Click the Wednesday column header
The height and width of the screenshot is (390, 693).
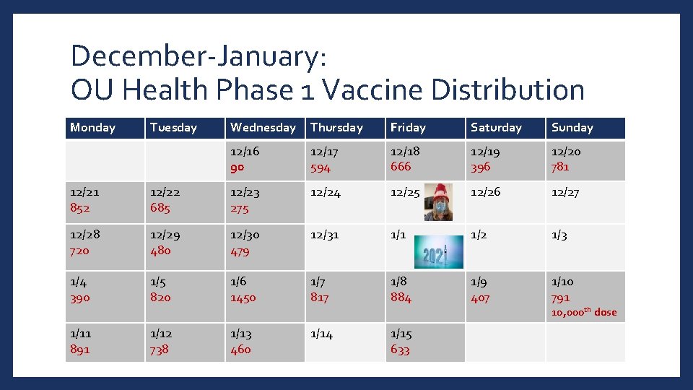point(263,128)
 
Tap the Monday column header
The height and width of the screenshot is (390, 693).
point(92,128)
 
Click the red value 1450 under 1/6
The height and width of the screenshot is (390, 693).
point(243,298)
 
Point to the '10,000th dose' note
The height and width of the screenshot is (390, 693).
point(584,312)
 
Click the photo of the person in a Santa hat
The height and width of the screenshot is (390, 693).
point(439,201)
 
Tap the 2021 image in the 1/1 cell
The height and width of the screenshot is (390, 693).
point(438,250)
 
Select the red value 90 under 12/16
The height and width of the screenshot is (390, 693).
point(237,168)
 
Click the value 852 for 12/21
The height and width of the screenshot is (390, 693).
point(80,208)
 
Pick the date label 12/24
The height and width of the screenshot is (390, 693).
point(324,193)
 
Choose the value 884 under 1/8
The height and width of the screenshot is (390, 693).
point(401,298)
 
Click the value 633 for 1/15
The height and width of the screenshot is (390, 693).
point(400,350)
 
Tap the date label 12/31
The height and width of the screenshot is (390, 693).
point(323,235)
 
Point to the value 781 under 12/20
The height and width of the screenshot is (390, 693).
point(560,167)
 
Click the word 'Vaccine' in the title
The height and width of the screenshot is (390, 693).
point(367,90)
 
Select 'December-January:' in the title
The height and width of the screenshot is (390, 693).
point(200,56)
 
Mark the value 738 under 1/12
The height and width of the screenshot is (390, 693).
point(160,350)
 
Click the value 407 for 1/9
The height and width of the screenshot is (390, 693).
point(480,298)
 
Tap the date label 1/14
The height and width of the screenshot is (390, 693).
point(321,334)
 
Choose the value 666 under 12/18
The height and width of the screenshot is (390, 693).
point(401,167)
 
